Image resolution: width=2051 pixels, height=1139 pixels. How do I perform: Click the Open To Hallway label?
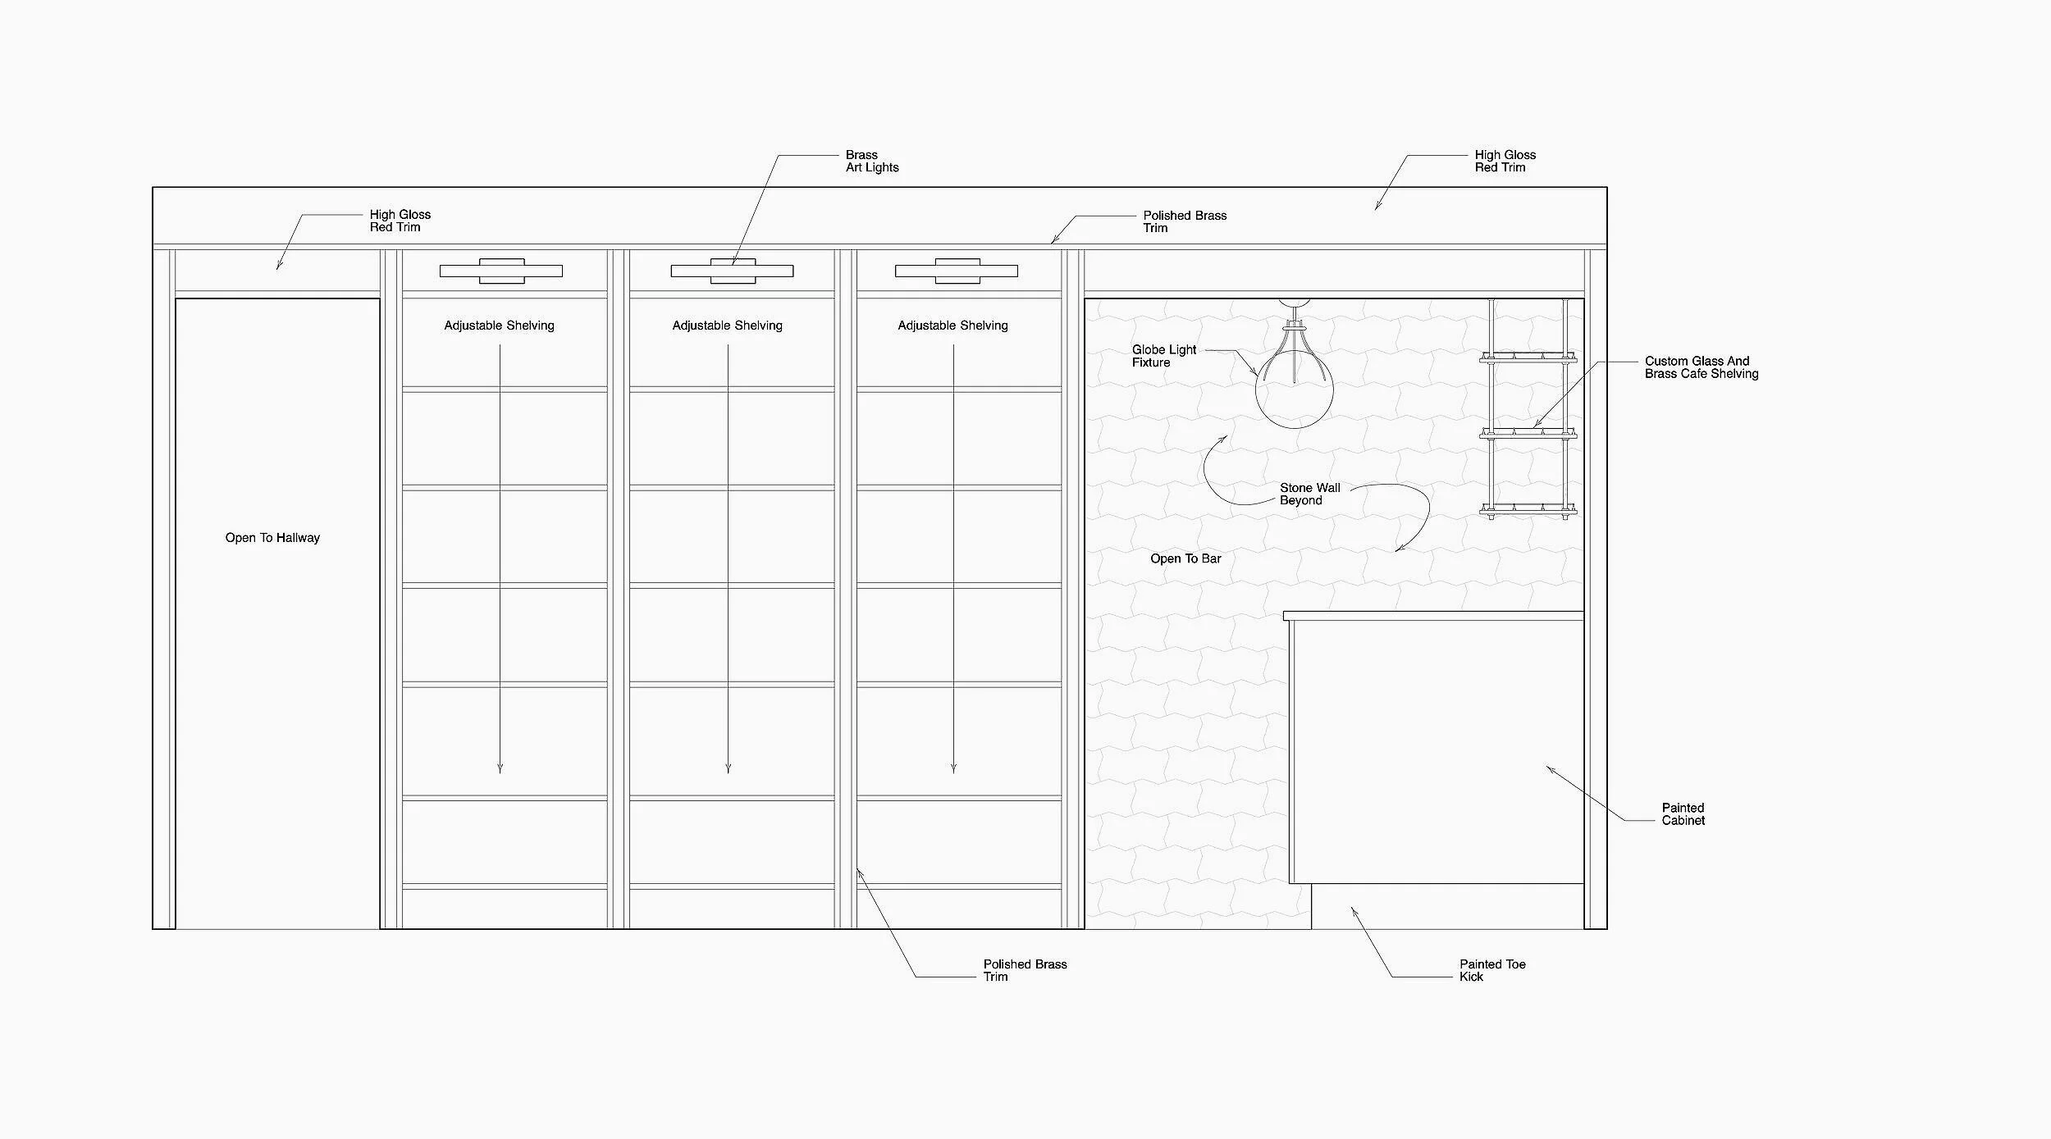[272, 538]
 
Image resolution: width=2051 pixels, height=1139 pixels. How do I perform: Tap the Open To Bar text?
[1185, 558]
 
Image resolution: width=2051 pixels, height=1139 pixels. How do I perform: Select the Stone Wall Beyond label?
[1309, 494]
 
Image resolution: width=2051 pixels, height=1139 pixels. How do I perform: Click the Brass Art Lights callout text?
[872, 161]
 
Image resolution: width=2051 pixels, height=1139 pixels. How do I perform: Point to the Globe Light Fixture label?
[1164, 356]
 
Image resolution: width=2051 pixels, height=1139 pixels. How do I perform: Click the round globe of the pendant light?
[1294, 390]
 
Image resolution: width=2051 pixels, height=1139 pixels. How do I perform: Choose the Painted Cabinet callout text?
[1683, 813]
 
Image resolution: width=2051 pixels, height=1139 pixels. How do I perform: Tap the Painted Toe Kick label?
[1492, 970]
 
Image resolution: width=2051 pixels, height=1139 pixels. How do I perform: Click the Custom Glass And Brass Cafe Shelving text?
[1702, 367]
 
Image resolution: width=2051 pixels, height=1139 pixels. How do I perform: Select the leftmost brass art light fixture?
[501, 271]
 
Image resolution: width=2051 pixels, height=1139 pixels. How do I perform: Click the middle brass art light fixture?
[732, 271]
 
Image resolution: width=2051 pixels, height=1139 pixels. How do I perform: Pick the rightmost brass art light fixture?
[957, 271]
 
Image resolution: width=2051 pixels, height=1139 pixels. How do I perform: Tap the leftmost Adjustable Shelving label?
[499, 326]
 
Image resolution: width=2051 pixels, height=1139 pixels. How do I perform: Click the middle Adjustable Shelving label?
[727, 326]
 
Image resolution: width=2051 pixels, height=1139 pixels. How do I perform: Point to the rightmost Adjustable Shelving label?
[952, 326]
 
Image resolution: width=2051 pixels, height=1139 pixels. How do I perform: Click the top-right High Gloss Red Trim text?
[1505, 161]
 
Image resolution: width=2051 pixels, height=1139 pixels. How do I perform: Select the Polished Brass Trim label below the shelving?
[1025, 970]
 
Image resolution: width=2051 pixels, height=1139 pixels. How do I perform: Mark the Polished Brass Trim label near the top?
[1185, 221]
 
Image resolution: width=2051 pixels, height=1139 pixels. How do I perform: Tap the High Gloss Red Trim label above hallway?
[400, 221]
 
